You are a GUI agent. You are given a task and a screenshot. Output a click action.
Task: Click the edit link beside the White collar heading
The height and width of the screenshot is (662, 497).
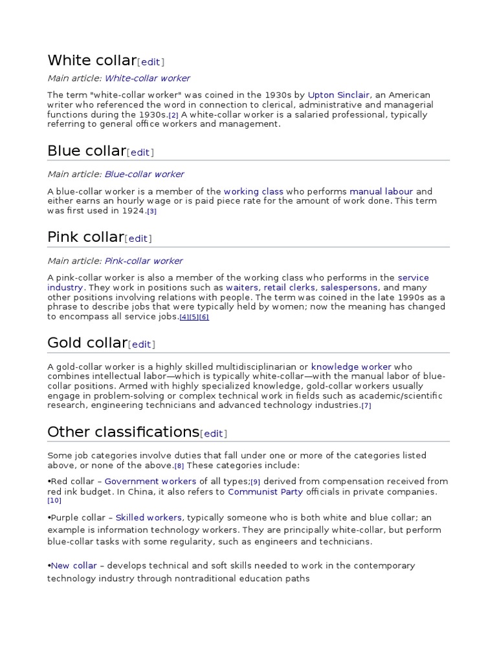[x=150, y=62]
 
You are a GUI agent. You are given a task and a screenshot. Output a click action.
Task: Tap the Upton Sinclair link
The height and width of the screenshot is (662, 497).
[x=338, y=94]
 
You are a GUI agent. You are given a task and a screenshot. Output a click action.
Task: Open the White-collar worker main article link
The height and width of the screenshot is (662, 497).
[x=148, y=78]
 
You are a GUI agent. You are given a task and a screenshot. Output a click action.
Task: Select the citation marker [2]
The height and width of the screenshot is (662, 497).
[x=173, y=115]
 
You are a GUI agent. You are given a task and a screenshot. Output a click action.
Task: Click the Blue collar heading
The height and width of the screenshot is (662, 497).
[x=86, y=151]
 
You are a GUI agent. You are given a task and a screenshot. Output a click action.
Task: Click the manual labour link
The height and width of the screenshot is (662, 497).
[x=381, y=191]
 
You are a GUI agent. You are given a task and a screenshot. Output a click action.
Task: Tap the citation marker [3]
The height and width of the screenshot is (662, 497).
[x=152, y=211]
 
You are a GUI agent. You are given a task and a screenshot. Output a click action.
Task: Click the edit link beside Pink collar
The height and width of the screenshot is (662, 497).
[x=138, y=239]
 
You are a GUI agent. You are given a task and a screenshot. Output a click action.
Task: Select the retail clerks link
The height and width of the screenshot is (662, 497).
[x=289, y=288]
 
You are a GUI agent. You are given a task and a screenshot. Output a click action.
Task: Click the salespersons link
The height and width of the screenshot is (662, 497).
[x=351, y=288]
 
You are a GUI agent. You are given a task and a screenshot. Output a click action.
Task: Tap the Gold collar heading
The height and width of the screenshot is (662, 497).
[x=87, y=343]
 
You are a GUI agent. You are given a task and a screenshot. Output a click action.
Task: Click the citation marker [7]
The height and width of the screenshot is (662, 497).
[x=366, y=405]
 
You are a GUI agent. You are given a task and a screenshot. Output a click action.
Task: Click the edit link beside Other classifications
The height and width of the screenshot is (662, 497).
[x=214, y=433]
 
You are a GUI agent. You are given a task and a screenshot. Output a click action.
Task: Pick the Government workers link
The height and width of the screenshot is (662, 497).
[x=150, y=481]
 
